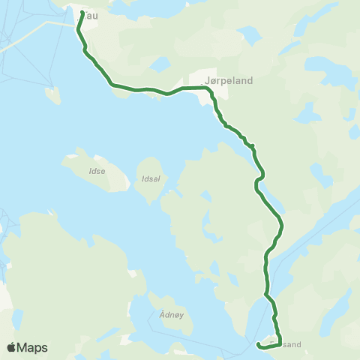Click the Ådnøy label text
coord(172,316)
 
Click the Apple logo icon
coord(12,347)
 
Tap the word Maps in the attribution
coord(33,347)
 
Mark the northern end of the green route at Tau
coord(81,11)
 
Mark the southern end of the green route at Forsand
coord(258,345)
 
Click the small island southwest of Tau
coord(52,95)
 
